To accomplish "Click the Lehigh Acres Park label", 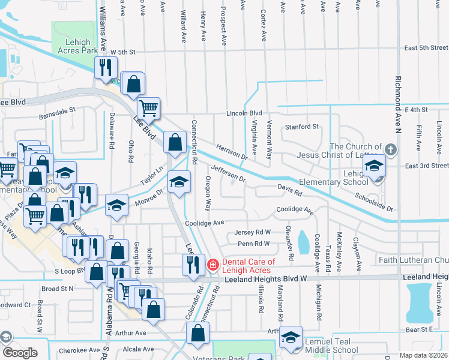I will point(74,47).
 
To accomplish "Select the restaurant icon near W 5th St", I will point(106,68).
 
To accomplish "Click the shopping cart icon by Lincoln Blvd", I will point(148,109).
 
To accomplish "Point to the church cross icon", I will point(390,149).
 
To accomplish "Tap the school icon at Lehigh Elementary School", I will point(375,166).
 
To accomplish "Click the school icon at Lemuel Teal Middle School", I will point(291,339).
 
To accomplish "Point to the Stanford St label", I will point(301,127).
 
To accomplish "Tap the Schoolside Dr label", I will point(373,202).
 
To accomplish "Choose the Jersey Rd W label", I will point(253,232).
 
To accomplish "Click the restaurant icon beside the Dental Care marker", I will point(192,264).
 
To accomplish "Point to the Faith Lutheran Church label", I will point(413,260).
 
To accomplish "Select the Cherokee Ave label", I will point(79,350).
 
